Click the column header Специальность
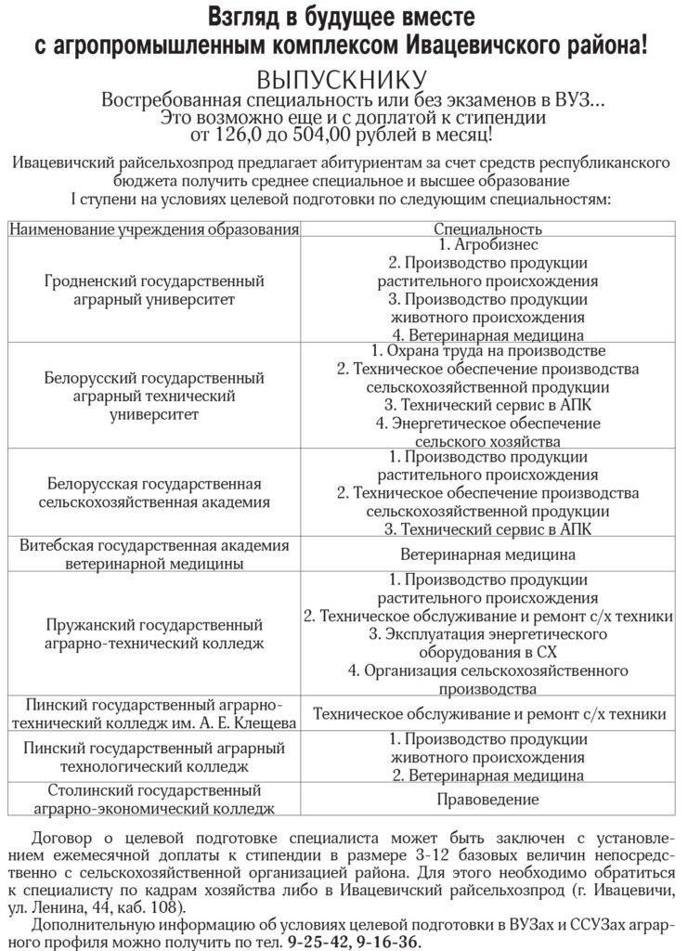(487, 228)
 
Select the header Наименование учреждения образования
(154, 228)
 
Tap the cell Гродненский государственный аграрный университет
(154, 290)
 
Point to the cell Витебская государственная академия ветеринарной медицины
(154, 554)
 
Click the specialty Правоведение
(487, 799)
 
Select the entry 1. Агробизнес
(487, 246)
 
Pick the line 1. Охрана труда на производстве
(487, 352)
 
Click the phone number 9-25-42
(318, 940)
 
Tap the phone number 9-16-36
(386, 940)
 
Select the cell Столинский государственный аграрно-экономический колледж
(154, 799)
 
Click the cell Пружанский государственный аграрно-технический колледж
(154, 634)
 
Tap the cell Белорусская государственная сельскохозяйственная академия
(154, 493)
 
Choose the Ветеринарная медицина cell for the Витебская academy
(487, 554)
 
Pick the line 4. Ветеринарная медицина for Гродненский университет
(487, 334)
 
